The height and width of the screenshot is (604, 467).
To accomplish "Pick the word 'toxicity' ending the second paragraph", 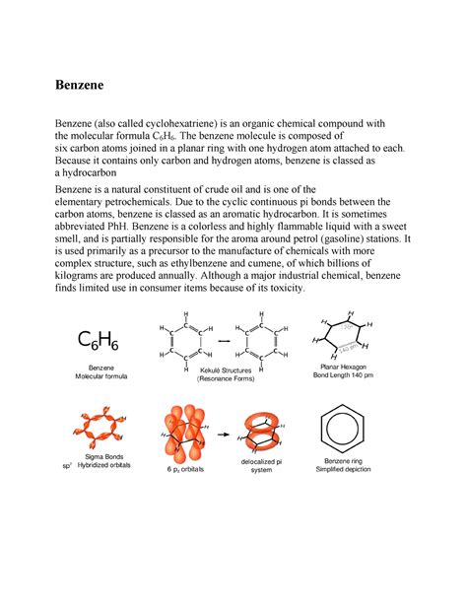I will click(281, 290).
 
